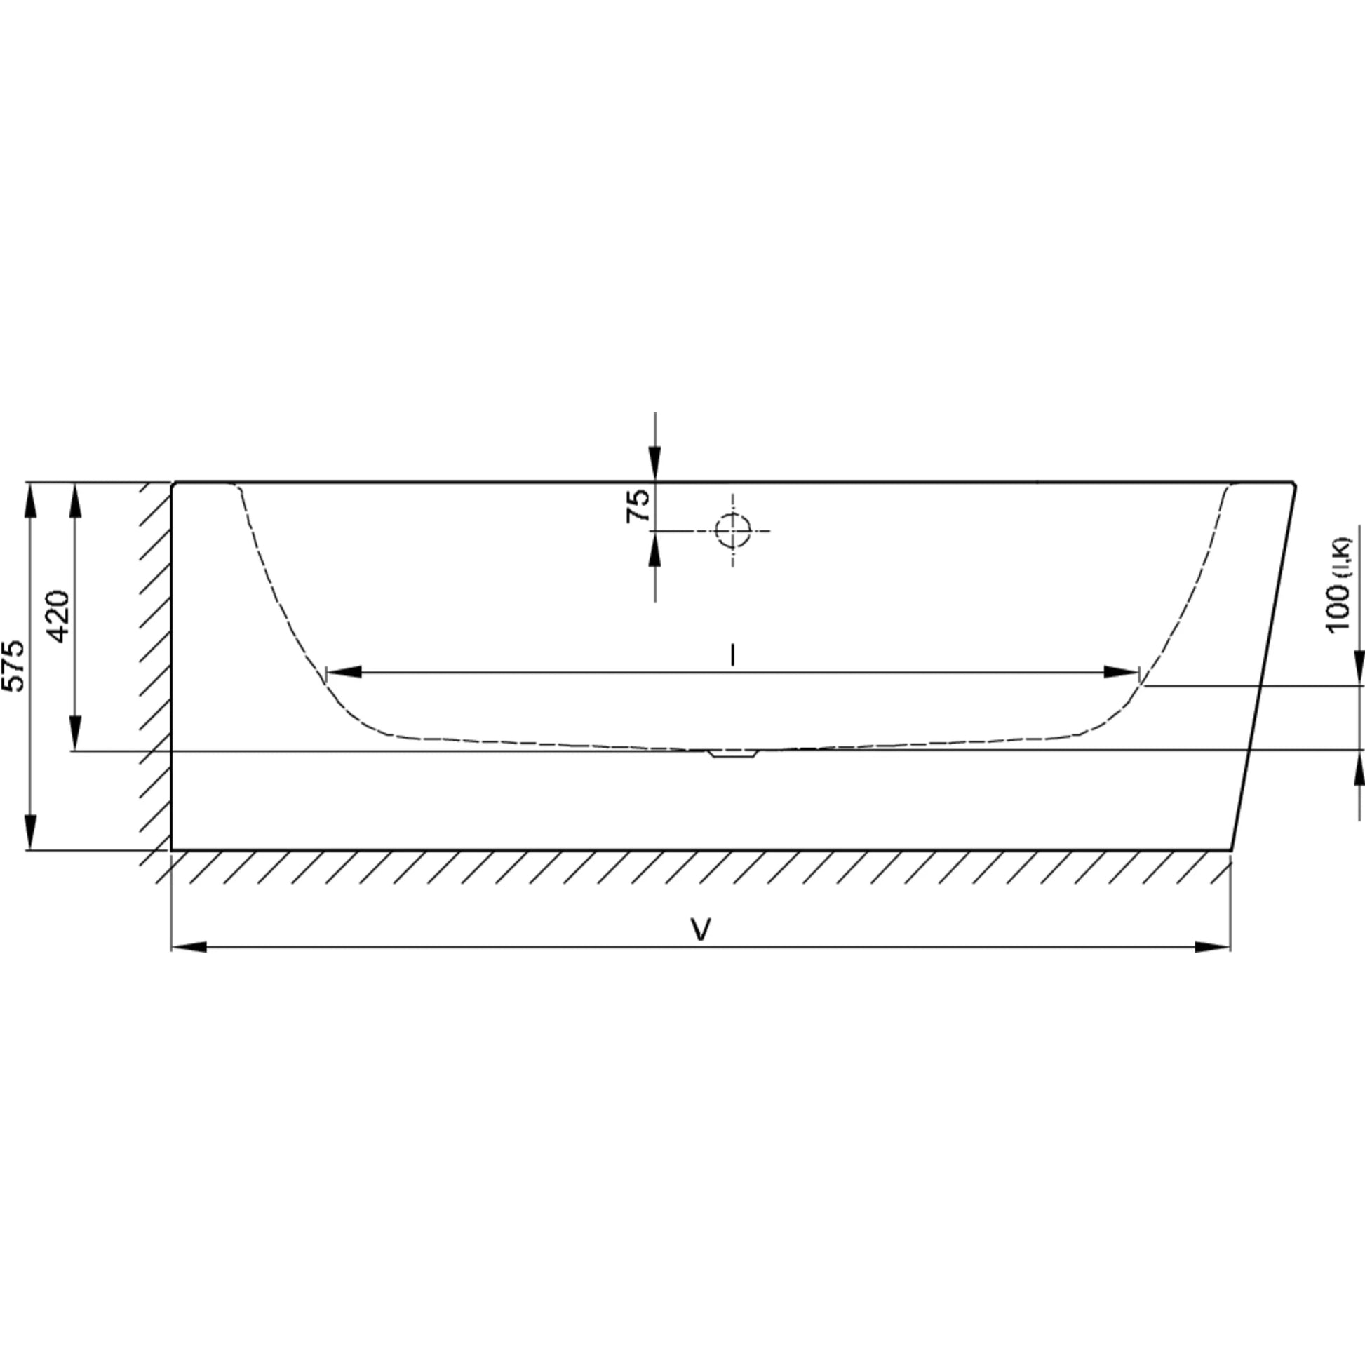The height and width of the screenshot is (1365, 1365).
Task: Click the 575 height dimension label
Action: point(13,666)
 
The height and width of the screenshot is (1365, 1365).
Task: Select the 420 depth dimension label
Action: point(59,616)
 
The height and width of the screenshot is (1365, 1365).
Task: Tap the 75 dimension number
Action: point(638,506)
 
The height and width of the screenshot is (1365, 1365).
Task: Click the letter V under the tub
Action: point(700,930)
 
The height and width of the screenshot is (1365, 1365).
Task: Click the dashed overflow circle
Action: point(733,530)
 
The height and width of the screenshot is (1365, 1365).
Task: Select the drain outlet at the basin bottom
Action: point(733,753)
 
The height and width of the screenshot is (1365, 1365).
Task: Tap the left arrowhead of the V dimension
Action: point(189,947)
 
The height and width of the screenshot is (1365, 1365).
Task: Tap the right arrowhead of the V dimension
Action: point(1213,947)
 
